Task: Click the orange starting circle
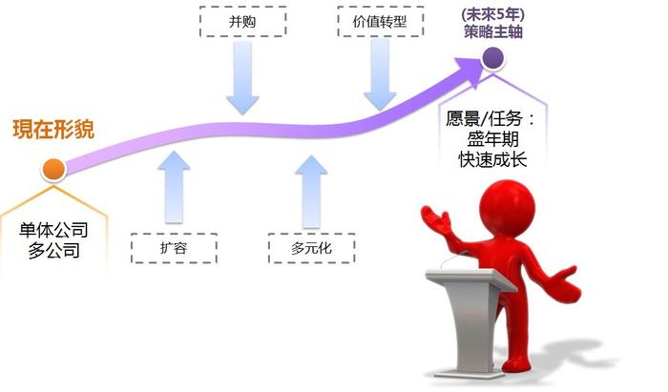point(53,170)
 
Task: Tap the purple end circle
point(493,58)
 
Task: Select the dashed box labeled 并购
point(242,21)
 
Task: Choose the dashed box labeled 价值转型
point(381,21)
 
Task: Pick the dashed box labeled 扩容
point(174,248)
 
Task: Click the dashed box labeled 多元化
point(311,248)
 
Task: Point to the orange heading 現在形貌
point(53,130)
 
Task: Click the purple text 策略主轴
point(493,31)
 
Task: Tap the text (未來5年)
point(493,14)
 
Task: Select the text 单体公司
point(53,230)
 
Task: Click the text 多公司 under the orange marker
point(53,250)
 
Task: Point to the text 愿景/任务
point(485,118)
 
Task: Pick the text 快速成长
point(493,159)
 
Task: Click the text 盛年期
point(493,139)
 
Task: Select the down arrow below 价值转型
point(380,74)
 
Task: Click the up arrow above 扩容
point(174,187)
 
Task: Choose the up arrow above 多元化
point(311,192)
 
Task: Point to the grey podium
point(468,320)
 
